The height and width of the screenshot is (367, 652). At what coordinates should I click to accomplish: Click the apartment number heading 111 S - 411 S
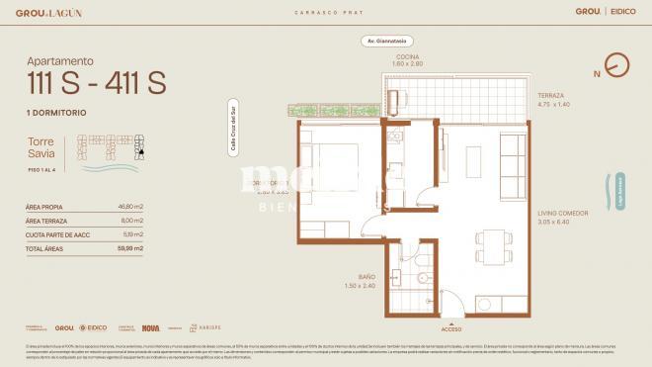coord(96,85)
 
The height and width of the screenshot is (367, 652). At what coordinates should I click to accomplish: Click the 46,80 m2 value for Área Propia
coord(130,207)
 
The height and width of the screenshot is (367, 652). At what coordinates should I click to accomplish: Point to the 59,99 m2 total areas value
coord(130,248)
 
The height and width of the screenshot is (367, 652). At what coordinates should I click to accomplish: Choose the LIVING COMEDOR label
coord(563,213)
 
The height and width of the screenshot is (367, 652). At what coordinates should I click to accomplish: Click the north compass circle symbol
coord(617,65)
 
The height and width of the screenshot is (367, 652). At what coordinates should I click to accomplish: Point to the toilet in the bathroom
coord(422,292)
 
